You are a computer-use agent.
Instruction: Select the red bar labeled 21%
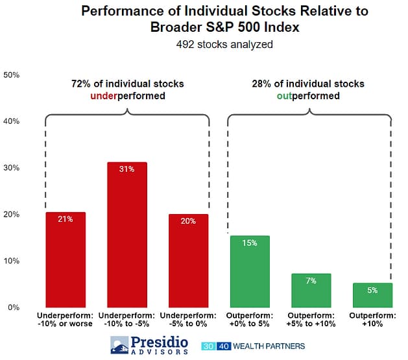pyautogui.click(x=65, y=259)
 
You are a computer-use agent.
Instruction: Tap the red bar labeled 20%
pyautogui.click(x=188, y=261)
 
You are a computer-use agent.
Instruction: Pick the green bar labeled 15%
pyautogui.click(x=250, y=271)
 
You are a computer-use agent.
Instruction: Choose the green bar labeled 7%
pyautogui.click(x=311, y=290)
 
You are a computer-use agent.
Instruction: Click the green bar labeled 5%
pyautogui.click(x=372, y=295)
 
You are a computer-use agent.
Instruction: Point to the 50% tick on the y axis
pyautogui.click(x=12, y=75)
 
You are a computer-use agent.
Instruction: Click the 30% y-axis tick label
pyautogui.click(x=12, y=168)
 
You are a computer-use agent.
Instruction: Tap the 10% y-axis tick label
pyautogui.click(x=12, y=261)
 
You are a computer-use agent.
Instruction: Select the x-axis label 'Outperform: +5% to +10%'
pyautogui.click(x=311, y=320)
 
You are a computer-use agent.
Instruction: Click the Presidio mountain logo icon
pyautogui.click(x=119, y=345)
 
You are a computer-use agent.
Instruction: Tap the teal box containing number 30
pyautogui.click(x=207, y=346)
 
